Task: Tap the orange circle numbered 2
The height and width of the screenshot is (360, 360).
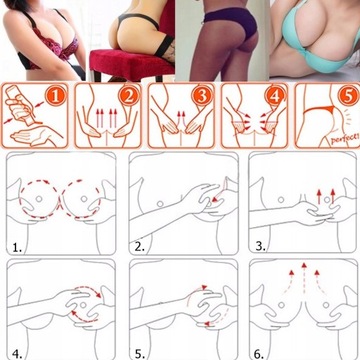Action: point(129,99)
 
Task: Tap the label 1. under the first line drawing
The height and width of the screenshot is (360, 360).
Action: point(15,243)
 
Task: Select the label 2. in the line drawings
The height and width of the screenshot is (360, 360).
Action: point(140,243)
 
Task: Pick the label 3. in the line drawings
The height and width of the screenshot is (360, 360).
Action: point(260,243)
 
